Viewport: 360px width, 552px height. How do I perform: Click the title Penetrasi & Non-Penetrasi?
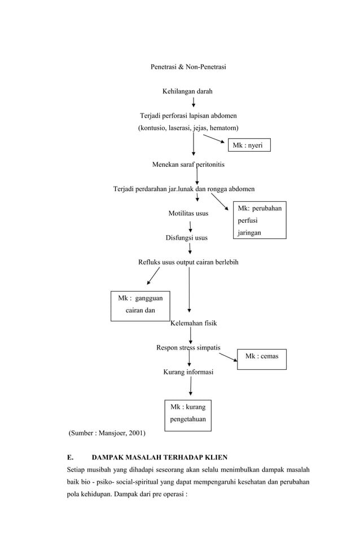[x=188, y=67]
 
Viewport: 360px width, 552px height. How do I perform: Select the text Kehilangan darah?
[x=187, y=91]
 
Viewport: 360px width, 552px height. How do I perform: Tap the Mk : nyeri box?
[x=249, y=145]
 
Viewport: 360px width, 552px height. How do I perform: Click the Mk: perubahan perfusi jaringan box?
[x=259, y=220]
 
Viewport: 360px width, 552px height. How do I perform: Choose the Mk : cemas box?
[x=261, y=357]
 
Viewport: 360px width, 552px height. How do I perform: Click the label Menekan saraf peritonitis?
[x=188, y=165]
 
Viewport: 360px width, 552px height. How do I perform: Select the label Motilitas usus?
[x=188, y=214]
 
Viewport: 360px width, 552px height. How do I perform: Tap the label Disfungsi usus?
[x=186, y=238]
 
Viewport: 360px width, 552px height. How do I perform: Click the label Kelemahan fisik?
[x=194, y=324]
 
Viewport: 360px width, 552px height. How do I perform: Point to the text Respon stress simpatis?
[x=188, y=347]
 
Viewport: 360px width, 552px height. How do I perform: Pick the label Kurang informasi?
[x=188, y=372]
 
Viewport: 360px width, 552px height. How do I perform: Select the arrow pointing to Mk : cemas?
[x=227, y=356]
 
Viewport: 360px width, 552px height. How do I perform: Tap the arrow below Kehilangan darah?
[x=194, y=102]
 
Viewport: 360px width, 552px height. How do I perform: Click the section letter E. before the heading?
[x=69, y=457]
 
